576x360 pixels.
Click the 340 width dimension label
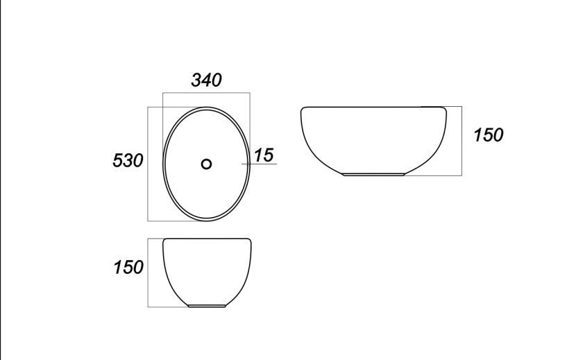206,80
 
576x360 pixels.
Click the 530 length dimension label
128,160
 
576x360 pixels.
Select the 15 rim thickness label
264,155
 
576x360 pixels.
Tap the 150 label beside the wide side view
488,135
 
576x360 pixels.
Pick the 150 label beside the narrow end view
128,267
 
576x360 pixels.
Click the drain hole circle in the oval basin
206,164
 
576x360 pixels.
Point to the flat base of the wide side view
373,175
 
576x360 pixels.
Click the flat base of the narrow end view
206,306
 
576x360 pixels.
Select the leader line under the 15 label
259,164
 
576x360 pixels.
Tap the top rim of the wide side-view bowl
373,107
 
